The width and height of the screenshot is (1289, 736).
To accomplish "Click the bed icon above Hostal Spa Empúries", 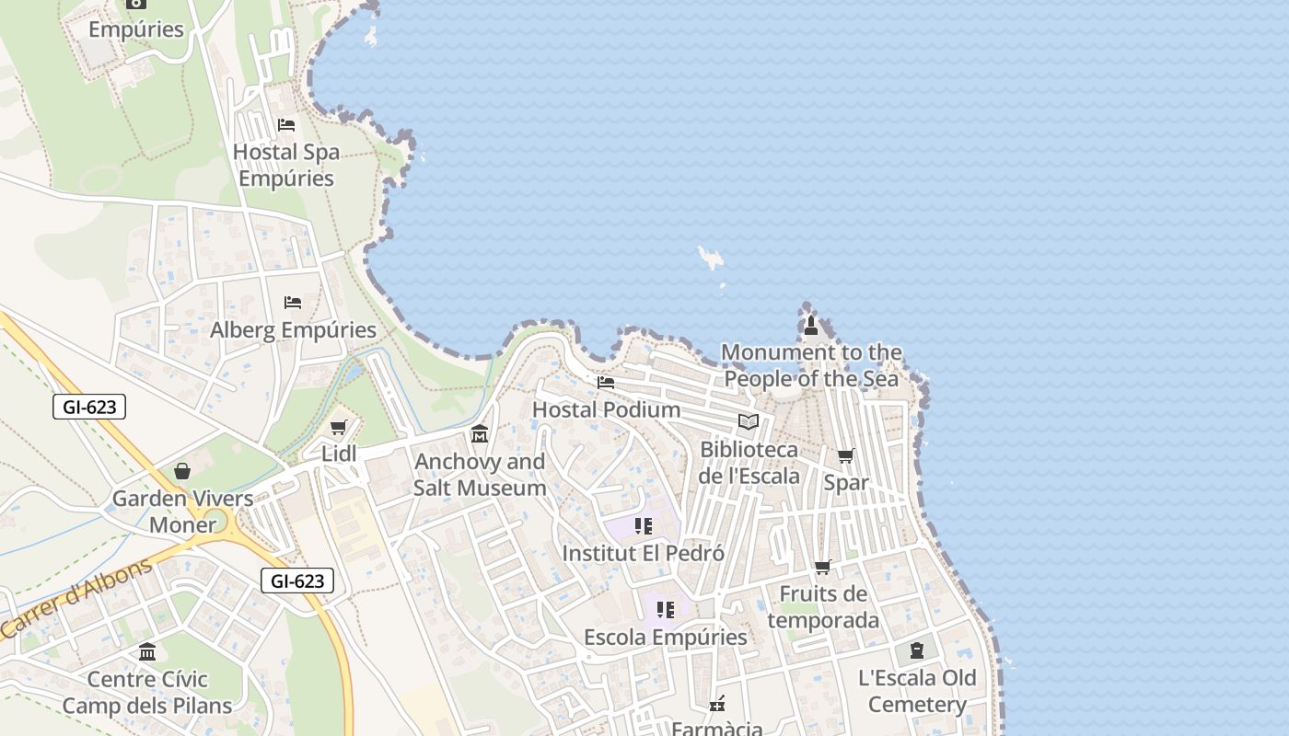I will (286, 125).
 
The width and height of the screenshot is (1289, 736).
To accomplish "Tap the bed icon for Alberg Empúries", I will (293, 302).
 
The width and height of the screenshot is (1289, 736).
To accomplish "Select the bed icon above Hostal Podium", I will (605, 382).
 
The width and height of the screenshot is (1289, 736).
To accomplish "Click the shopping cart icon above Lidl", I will (338, 428).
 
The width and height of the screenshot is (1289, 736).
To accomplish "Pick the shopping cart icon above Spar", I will (845, 455).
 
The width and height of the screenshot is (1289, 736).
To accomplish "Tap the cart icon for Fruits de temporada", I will (823, 568).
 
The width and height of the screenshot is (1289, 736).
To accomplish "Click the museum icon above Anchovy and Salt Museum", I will (480, 434).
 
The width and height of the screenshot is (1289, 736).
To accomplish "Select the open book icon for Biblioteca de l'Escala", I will (749, 422).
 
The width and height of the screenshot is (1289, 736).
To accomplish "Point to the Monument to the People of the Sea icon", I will (810, 325).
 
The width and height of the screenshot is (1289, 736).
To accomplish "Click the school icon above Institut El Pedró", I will (644, 526).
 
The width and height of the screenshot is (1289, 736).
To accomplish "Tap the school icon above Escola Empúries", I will (666, 609).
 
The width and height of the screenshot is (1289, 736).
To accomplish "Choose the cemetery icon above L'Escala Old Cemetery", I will (916, 650).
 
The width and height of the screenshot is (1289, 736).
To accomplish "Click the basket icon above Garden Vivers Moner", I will (182, 471).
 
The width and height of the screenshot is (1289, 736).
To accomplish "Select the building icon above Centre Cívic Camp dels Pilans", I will (147, 652).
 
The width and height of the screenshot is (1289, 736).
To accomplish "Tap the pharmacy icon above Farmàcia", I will (717, 704).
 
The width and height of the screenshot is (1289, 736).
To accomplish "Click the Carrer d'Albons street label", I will (76, 599).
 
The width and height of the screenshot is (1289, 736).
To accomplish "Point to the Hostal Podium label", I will (607, 409).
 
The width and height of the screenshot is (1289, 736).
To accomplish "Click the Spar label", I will (846, 482).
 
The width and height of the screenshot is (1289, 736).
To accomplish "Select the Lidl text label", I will (339, 454).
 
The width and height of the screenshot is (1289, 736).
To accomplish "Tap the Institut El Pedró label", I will (643, 554).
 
